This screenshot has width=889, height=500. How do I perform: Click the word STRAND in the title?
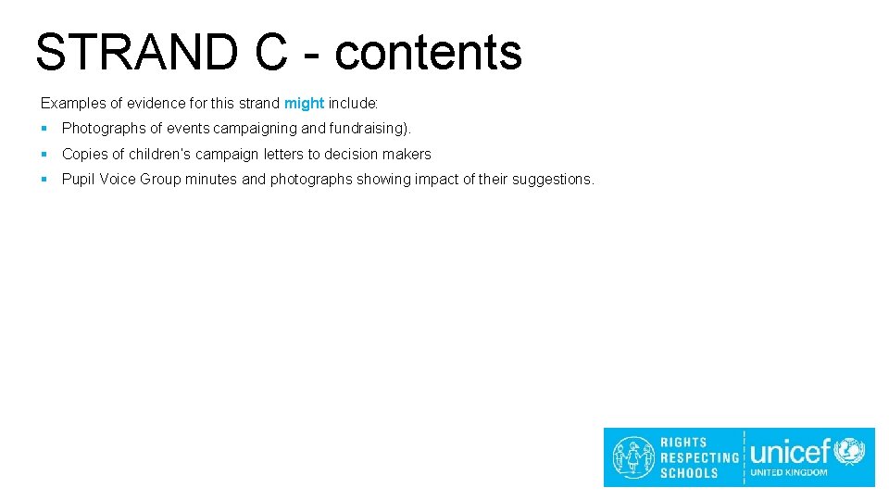coord(135,52)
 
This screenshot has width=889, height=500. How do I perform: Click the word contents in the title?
coord(428,52)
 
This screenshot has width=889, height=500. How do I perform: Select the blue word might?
coord(304,103)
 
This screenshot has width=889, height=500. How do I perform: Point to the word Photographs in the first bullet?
coord(102,129)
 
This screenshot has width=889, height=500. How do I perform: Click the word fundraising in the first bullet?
coord(366,129)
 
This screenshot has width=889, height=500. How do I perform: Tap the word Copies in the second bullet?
coord(82,154)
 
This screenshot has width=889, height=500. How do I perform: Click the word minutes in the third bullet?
coord(211,179)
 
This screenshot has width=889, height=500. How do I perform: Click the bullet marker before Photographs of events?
coord(44,129)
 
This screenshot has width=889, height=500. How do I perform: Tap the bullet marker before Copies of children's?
coord(44,154)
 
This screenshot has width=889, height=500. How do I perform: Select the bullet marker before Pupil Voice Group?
coord(44,179)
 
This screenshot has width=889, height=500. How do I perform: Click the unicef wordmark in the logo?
coord(790,452)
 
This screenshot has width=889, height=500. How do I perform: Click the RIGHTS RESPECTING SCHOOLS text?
coord(699,457)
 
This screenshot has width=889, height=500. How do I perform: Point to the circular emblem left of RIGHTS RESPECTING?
coord(633,457)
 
